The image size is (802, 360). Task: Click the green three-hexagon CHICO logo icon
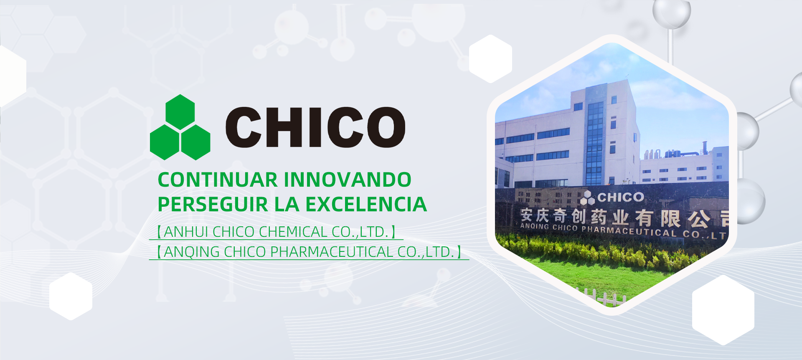tap(180, 127)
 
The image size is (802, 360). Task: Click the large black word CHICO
tap(315, 127)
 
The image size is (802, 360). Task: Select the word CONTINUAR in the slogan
tap(218, 180)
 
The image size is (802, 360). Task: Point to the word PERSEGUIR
tap(213, 204)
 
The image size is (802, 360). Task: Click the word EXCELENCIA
tap(366, 204)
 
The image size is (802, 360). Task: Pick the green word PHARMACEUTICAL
tap(332, 252)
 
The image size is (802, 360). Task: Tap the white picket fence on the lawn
tap(601, 297)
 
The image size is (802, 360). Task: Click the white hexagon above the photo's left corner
tap(490, 59)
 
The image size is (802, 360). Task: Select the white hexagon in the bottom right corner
tap(723, 310)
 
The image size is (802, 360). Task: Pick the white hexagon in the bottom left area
tap(71, 297)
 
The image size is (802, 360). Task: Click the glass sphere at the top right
tap(671, 12)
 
